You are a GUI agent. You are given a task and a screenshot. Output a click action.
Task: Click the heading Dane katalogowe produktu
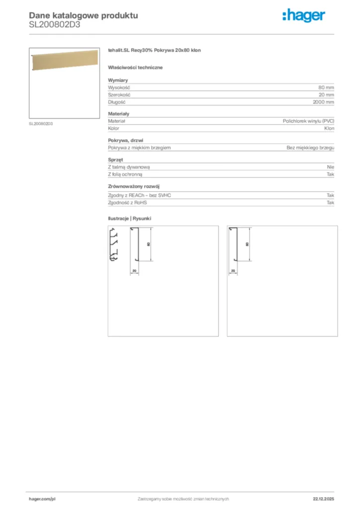click(x=84, y=15)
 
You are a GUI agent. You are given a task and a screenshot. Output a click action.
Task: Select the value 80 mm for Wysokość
click(x=326, y=87)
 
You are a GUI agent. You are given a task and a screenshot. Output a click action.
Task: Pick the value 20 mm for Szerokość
click(x=326, y=94)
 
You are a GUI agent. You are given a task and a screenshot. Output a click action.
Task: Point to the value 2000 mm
click(x=323, y=102)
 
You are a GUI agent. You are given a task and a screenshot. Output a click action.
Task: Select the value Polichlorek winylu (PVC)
click(x=308, y=121)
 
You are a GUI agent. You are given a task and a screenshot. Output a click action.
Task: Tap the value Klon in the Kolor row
click(x=329, y=128)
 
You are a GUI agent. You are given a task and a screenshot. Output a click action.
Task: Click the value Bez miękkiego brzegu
click(x=310, y=148)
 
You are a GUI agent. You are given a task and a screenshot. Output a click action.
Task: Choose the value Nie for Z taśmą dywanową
click(x=331, y=167)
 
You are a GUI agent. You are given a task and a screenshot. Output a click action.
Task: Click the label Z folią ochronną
click(x=125, y=174)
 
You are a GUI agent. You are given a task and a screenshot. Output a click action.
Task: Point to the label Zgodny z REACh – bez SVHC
click(x=139, y=195)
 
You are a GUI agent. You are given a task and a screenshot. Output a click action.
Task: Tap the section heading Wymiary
click(x=118, y=80)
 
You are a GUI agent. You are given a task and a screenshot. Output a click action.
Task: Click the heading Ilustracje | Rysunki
click(x=129, y=218)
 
